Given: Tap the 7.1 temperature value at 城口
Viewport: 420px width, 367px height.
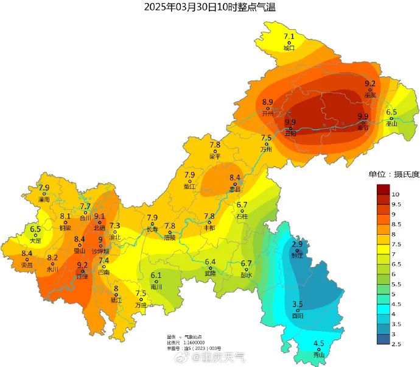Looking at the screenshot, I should [x=289, y=37].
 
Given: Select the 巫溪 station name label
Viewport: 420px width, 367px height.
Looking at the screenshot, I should [x=370, y=95].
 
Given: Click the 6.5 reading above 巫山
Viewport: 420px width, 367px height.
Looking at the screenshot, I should [x=391, y=112].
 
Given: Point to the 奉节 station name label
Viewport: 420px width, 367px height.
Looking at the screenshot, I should [x=363, y=128].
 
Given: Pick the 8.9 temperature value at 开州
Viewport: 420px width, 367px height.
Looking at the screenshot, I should [x=268, y=102].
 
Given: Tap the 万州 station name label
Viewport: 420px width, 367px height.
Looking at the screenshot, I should [x=266, y=149].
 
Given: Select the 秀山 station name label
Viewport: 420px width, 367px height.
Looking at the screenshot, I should [x=318, y=355].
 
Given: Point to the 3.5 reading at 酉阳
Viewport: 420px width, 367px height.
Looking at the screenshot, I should [x=298, y=304].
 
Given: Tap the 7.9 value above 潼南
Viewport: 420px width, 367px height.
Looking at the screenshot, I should [x=44, y=188].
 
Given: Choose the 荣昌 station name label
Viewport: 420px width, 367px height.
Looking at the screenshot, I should [x=27, y=265].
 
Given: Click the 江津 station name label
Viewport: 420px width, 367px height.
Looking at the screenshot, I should [x=82, y=277].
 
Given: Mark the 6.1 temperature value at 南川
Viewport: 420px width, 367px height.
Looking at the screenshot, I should [x=156, y=275].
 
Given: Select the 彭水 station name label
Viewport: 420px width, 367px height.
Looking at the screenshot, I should [x=247, y=275].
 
